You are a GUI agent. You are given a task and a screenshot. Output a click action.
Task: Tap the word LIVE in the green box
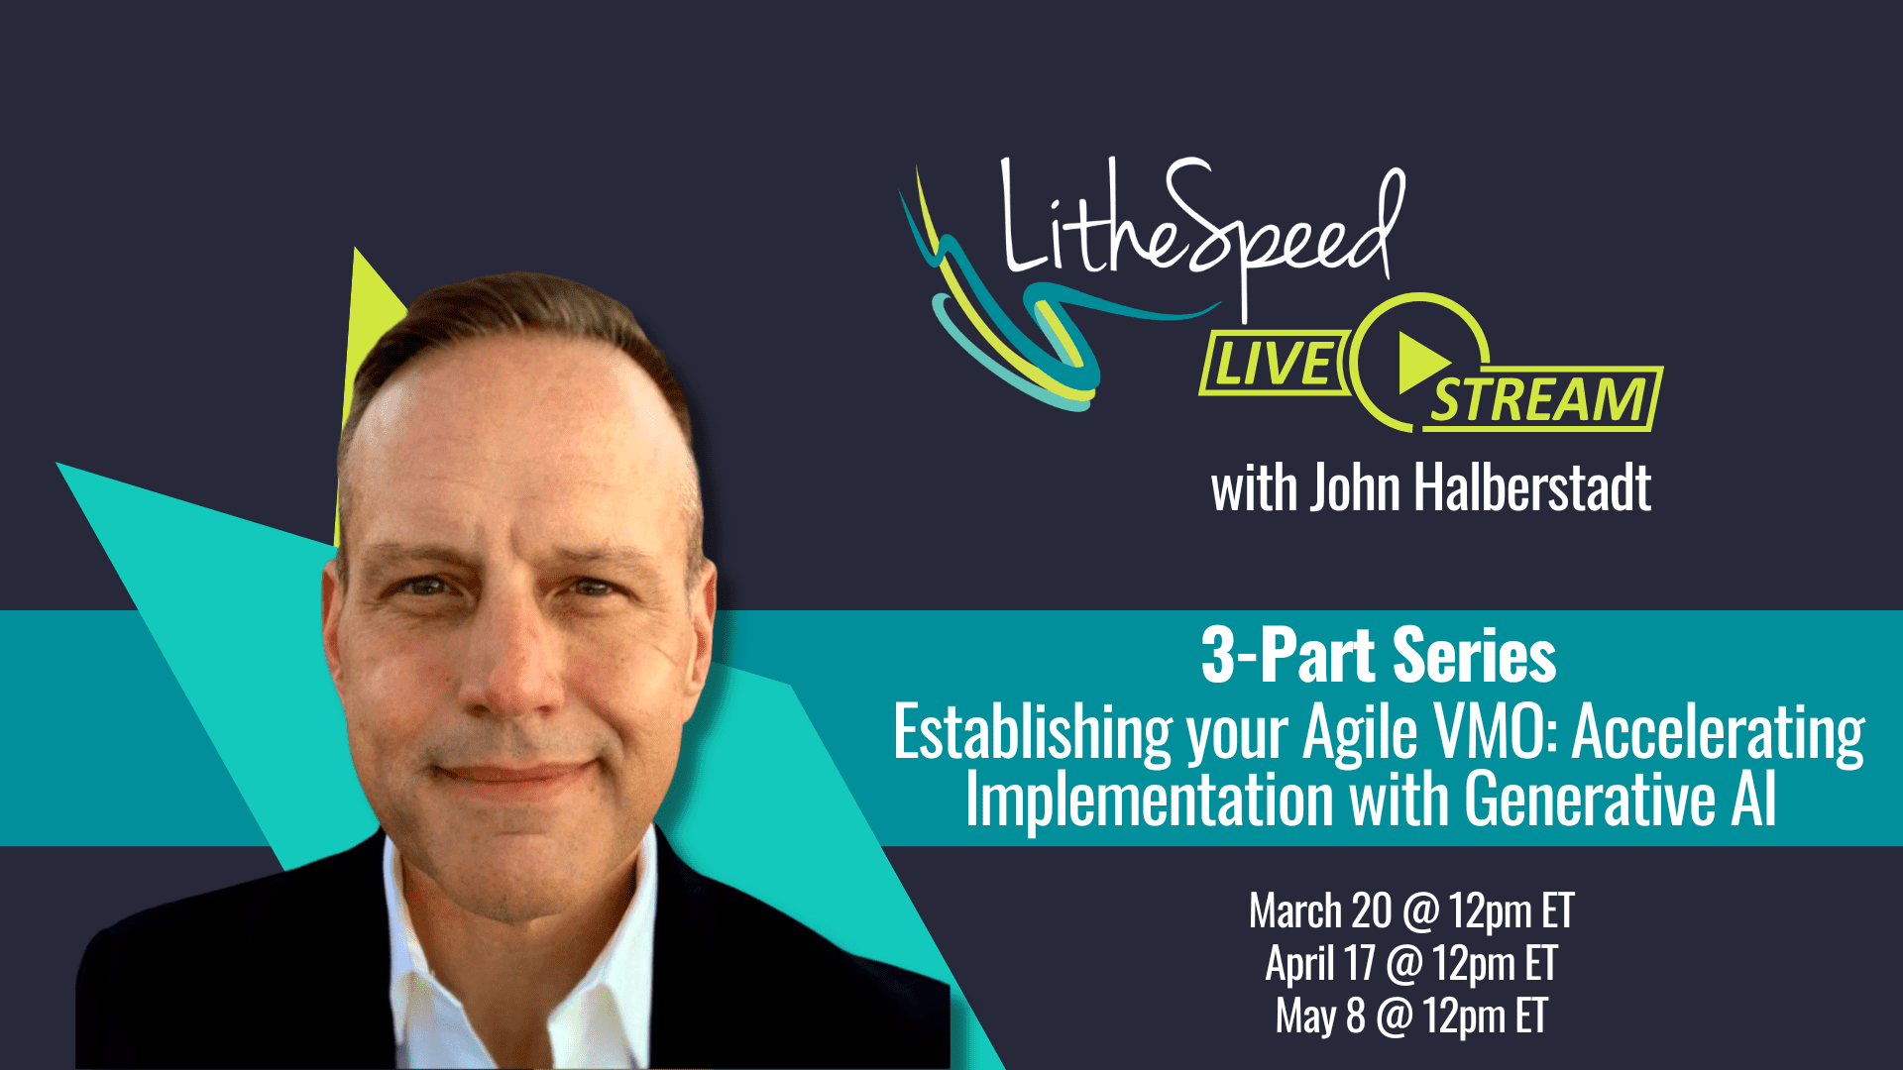[1275, 363]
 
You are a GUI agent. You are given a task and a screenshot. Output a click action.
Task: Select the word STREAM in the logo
[1539, 399]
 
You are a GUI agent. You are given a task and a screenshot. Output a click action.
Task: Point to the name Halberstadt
[1531, 487]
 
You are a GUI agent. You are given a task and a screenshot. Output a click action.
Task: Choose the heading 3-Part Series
[1378, 656]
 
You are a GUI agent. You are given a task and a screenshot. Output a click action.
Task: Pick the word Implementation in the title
[1150, 799]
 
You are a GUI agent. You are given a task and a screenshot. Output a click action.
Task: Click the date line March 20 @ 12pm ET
[1410, 911]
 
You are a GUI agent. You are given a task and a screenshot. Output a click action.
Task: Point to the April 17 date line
[1410, 963]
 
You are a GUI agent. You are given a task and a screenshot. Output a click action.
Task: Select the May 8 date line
[1410, 1016]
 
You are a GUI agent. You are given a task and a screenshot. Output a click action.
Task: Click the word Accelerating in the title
[1718, 733]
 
